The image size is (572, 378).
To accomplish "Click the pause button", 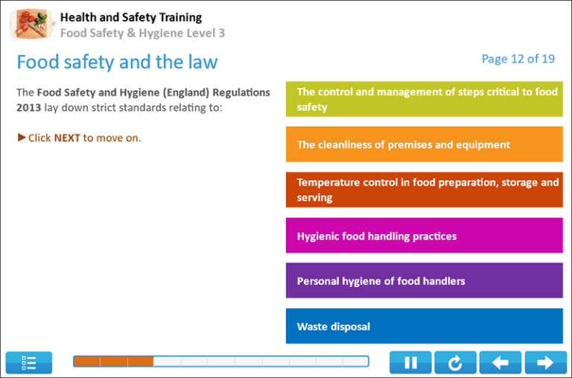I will click(x=410, y=362).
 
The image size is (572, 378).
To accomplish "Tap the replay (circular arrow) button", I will click(x=455, y=362).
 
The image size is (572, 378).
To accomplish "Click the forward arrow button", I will click(x=545, y=362).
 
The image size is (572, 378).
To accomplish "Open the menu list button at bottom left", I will click(x=29, y=362).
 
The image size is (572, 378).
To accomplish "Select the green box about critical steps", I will click(x=424, y=99).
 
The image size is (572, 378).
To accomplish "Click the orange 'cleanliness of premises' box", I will click(x=424, y=145).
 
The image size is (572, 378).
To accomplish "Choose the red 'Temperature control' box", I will click(x=424, y=189).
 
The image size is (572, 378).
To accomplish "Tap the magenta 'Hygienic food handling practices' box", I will click(x=424, y=236).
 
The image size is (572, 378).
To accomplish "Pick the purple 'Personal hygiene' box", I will click(x=424, y=281).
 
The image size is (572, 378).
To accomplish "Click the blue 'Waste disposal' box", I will click(x=424, y=327).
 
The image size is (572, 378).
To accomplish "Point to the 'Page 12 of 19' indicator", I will click(x=518, y=59).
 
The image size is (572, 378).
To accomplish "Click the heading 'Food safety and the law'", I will click(x=117, y=61).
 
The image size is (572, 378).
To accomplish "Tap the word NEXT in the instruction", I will click(x=67, y=138).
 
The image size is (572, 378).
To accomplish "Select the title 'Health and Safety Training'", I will click(x=130, y=17).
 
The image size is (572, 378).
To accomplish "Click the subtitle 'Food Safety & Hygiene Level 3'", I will click(x=142, y=33).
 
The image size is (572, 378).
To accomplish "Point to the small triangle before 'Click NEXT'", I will click(x=22, y=137).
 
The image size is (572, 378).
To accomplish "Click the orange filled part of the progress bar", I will click(x=113, y=362).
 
